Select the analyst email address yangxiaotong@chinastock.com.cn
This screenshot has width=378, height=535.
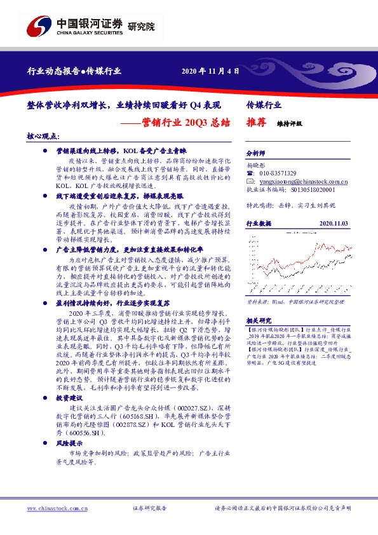tap(298, 181)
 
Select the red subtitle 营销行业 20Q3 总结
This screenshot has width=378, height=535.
tap(189, 121)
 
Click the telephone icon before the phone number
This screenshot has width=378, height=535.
tap(250, 173)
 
